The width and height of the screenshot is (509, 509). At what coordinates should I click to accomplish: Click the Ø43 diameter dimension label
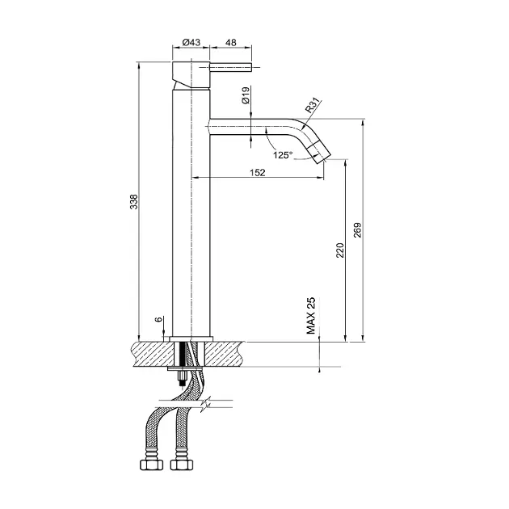pos(191,42)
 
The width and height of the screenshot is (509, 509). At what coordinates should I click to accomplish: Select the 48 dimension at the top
pos(230,42)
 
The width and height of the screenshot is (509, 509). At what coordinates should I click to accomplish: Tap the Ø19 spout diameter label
pos(246,95)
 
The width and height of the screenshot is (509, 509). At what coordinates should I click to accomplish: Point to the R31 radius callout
pos(313,105)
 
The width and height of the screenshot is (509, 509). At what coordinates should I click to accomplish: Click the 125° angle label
pos(283,155)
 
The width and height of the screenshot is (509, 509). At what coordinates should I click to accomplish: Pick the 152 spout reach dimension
pos(258,172)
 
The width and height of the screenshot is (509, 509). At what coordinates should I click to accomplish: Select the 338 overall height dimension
pos(134,202)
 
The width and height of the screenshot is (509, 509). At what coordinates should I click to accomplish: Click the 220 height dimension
pos(340,250)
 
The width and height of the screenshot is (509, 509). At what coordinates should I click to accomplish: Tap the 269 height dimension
pos(357,230)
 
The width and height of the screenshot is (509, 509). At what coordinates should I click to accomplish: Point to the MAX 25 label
pos(311,316)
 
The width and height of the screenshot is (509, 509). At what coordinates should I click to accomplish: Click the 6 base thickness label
pos(158,319)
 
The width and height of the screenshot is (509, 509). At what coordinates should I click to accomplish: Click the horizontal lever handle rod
pos(231,68)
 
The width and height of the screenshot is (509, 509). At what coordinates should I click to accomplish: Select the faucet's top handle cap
pos(191,74)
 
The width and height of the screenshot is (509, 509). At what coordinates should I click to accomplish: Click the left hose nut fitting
pos(151,465)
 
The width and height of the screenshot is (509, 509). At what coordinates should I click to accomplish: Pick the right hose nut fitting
pos(181,465)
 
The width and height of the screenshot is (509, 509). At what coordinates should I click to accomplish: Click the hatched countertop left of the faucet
pos(153,354)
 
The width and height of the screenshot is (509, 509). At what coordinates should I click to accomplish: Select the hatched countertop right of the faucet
pos(225,354)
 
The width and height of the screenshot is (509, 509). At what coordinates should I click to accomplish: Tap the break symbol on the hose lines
pos(205,404)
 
